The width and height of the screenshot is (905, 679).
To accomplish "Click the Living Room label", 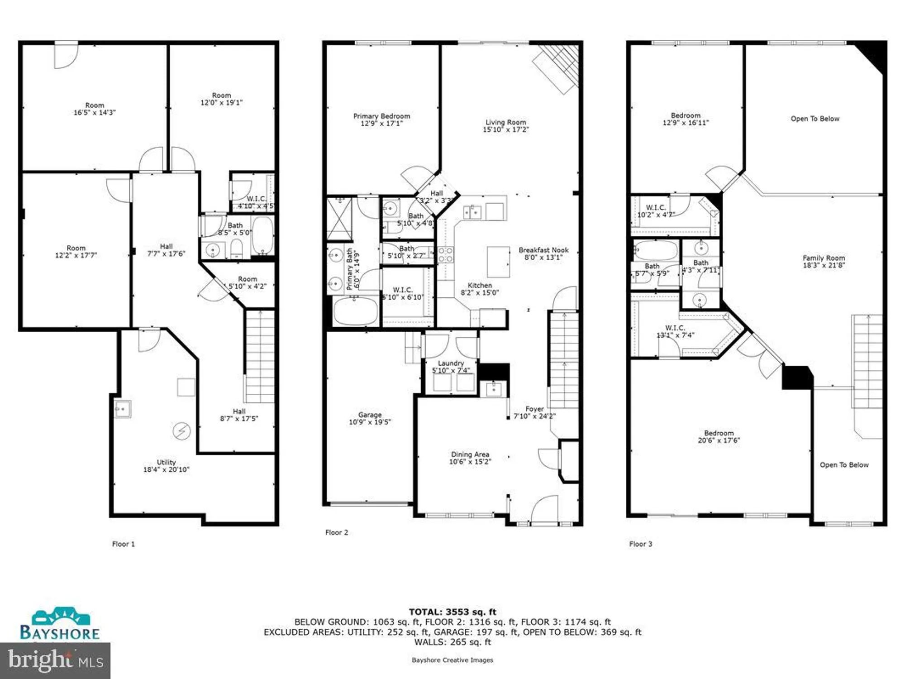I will coord(505,122).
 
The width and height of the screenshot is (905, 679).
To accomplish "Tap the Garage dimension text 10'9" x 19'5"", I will coord(370,422).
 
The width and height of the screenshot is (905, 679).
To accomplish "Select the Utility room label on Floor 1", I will coord(166,462).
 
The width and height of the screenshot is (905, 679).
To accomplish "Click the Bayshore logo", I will coord(60,625).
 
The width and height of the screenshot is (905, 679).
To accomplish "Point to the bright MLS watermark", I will coord(55,660).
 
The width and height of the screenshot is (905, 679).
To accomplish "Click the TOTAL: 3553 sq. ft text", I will coord(452,612).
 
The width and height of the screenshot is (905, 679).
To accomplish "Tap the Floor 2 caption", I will coord(337,532).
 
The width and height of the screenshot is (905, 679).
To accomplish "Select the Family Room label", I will coord(824,258).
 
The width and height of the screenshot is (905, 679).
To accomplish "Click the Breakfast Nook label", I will coord(543,250).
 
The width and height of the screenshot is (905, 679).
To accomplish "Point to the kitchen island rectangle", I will coord(498,262).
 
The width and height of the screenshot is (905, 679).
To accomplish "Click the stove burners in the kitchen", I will coord(445,254).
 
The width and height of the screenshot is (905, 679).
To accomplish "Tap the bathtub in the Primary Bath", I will coord(356,311).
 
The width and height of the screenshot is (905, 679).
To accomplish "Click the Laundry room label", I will coord(451,363).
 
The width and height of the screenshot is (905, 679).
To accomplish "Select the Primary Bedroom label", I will coord(381,116).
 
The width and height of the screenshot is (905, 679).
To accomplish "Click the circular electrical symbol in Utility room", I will coord(182,431).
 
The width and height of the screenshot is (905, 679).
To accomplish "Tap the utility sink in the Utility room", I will coord(122,409).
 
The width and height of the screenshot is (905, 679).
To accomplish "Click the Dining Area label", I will coord(470,454).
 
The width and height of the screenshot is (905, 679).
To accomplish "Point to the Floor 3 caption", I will coord(640,544).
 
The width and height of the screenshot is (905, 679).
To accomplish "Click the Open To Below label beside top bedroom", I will coord(814,119).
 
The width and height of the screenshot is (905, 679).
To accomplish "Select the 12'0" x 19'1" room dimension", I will coord(221,103).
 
